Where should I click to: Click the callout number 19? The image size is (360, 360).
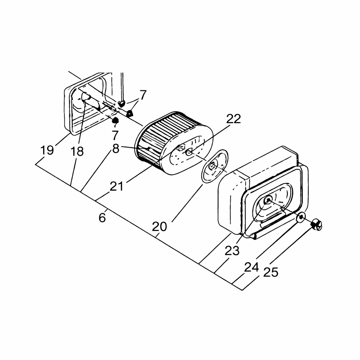tap(47, 150)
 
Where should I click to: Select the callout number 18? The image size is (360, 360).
tap(77, 152)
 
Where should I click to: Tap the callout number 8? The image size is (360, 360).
tap(116, 149)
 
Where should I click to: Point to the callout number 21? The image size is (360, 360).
tap(117, 186)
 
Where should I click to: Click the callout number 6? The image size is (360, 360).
tap(102, 217)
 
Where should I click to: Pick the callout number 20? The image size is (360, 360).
tap(159, 227)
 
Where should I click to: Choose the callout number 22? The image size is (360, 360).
tap(233, 119)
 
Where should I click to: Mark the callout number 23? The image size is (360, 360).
tap(232, 251)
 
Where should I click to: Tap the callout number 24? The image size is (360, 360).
tap(252, 267)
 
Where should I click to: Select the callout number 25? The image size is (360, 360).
tap(271, 272)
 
